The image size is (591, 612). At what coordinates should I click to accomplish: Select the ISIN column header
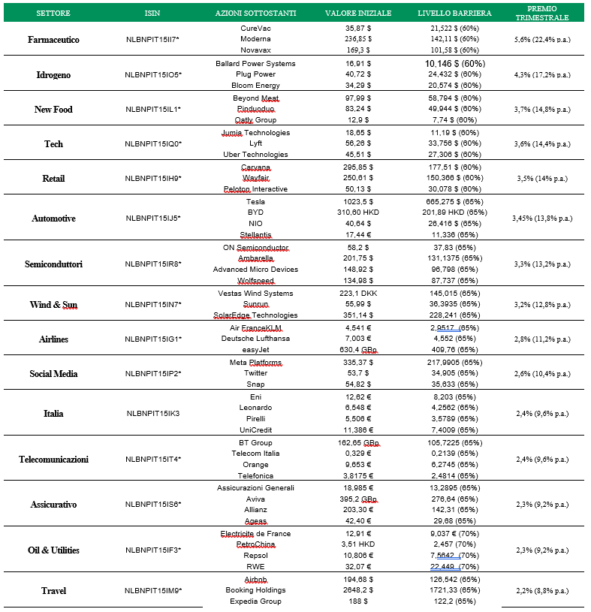pos(152,14)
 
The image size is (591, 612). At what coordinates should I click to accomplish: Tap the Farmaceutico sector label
pos(53,40)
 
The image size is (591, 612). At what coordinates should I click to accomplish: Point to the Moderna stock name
pos(255,38)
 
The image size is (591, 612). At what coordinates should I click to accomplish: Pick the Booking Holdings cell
pos(255,590)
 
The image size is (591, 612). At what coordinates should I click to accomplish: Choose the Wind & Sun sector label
pos(53,305)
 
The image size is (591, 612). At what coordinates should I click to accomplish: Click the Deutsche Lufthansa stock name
pos(255,339)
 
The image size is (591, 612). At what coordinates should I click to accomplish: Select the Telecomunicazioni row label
pos(53,459)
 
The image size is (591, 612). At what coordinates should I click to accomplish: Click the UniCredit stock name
pos(255,430)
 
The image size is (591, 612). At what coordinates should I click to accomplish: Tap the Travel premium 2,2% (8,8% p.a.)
pos(538,591)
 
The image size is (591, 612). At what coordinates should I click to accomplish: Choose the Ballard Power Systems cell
pos(255,63)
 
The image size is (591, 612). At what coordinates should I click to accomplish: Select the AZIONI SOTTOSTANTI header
pos(255,14)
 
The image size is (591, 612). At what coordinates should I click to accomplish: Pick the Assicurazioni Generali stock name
pos(255,487)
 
